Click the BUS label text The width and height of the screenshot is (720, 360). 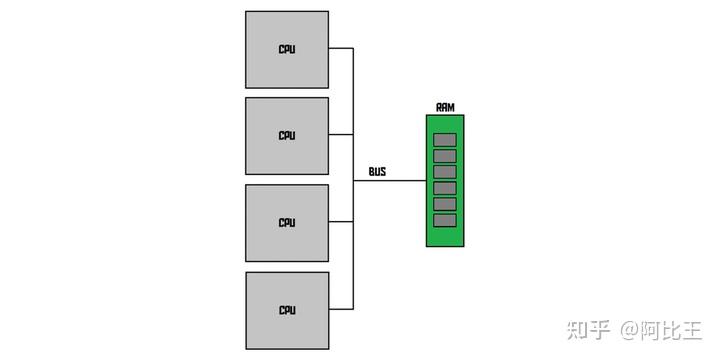[x=377, y=172]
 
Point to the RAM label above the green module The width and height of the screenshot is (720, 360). [x=445, y=107]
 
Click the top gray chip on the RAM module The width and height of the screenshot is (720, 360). [x=445, y=139]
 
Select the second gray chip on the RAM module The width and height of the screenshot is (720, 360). [x=445, y=155]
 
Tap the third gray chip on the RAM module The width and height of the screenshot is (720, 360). [x=445, y=171]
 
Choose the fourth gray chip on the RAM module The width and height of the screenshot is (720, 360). [x=445, y=187]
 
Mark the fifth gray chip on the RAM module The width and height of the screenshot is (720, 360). [x=445, y=203]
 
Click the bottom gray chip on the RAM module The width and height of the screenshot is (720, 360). [x=445, y=219]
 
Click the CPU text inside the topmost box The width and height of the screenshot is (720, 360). [x=287, y=49]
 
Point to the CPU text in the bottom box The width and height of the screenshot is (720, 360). [x=287, y=309]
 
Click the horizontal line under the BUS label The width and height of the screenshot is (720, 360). [x=390, y=181]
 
